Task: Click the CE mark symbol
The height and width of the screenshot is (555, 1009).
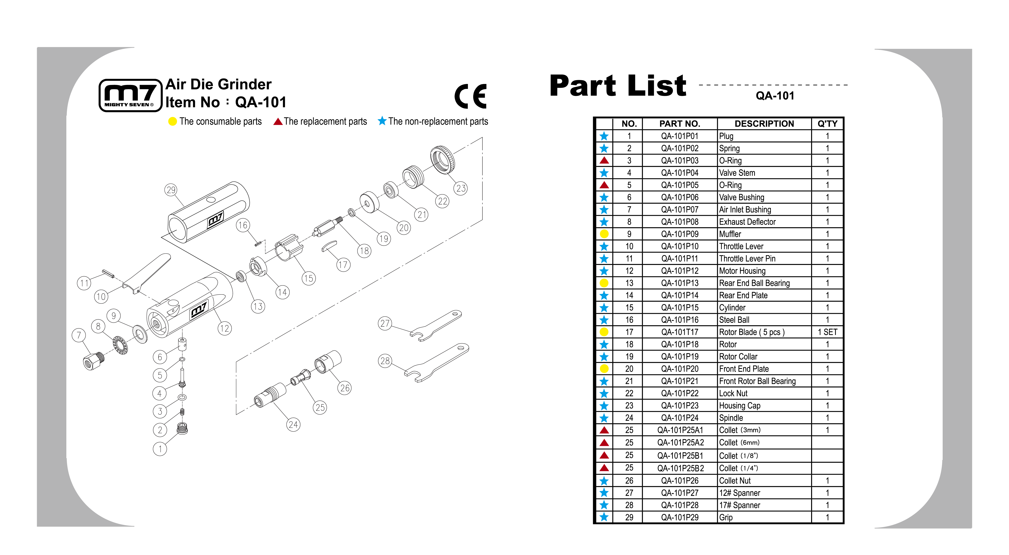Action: (x=470, y=96)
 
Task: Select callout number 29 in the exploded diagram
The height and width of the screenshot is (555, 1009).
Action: (x=171, y=190)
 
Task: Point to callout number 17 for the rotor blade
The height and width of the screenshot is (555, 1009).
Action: (x=343, y=265)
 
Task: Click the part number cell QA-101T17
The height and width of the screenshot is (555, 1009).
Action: (x=680, y=332)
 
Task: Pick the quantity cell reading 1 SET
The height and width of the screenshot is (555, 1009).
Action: (x=827, y=332)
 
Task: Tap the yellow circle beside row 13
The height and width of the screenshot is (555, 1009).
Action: (x=604, y=283)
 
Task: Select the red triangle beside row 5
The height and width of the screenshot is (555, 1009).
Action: (x=604, y=185)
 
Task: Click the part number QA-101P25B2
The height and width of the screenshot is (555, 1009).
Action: (x=680, y=468)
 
